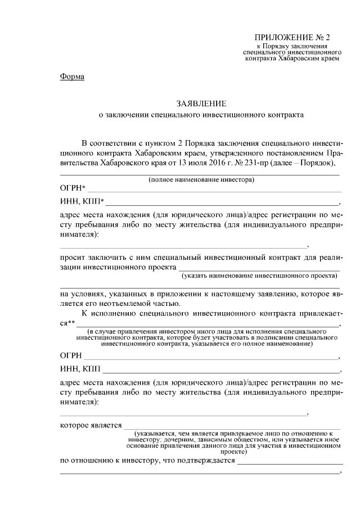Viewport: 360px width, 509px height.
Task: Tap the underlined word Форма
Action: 72,77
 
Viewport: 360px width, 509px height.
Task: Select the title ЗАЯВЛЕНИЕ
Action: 201,103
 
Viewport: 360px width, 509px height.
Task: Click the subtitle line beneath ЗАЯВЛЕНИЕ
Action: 201,115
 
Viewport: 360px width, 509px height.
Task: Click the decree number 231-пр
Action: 254,163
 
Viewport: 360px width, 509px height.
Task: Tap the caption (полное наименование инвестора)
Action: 201,180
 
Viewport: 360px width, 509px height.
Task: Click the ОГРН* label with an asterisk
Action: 73,189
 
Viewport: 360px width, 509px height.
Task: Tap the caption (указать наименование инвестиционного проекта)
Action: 260,277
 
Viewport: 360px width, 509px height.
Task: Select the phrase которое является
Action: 91,425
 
